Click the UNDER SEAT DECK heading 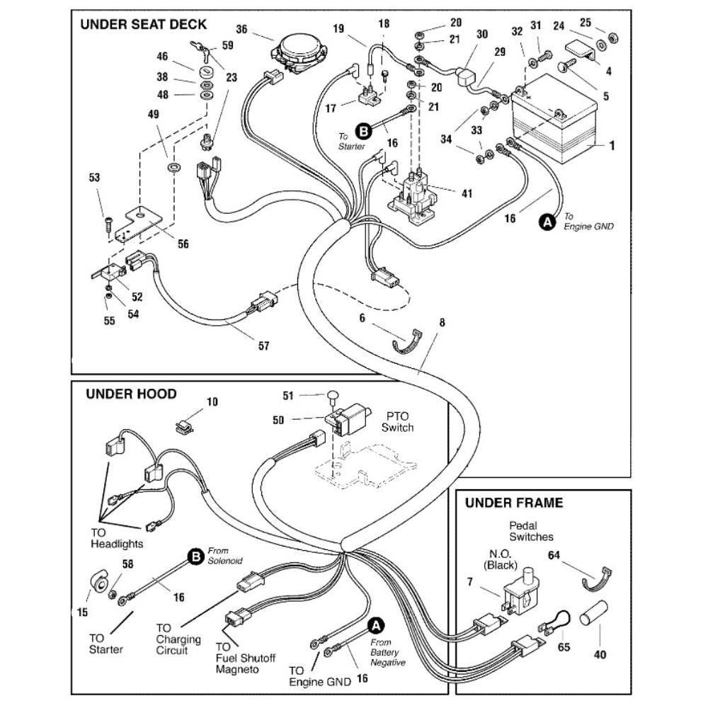[143, 24]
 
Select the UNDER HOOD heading [131, 394]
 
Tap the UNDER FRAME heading [514, 503]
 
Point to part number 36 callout [241, 29]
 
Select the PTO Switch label [396, 423]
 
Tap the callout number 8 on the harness [442, 323]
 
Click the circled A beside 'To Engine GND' [547, 222]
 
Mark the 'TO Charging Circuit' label [178, 639]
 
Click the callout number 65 [564, 646]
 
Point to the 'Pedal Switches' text [531, 531]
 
